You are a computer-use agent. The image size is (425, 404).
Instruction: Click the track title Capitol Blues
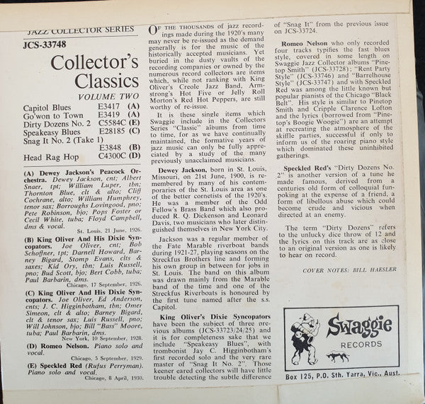coord(50,110)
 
